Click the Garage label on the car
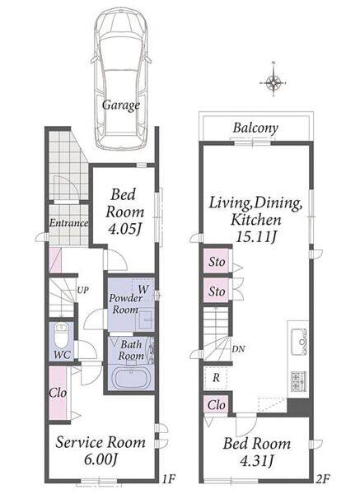121,105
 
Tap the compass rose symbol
273,83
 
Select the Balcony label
255,128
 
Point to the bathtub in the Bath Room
131,377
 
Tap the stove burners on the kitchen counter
298,381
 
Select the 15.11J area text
255,237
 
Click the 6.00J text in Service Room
101,459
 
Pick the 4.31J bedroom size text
256,461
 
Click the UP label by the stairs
83,290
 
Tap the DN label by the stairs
238,349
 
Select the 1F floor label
169,479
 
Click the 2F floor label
322,479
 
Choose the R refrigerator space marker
216,377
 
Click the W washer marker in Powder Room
143,289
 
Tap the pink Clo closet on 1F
58,393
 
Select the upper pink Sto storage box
217,261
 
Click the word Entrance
68,223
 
